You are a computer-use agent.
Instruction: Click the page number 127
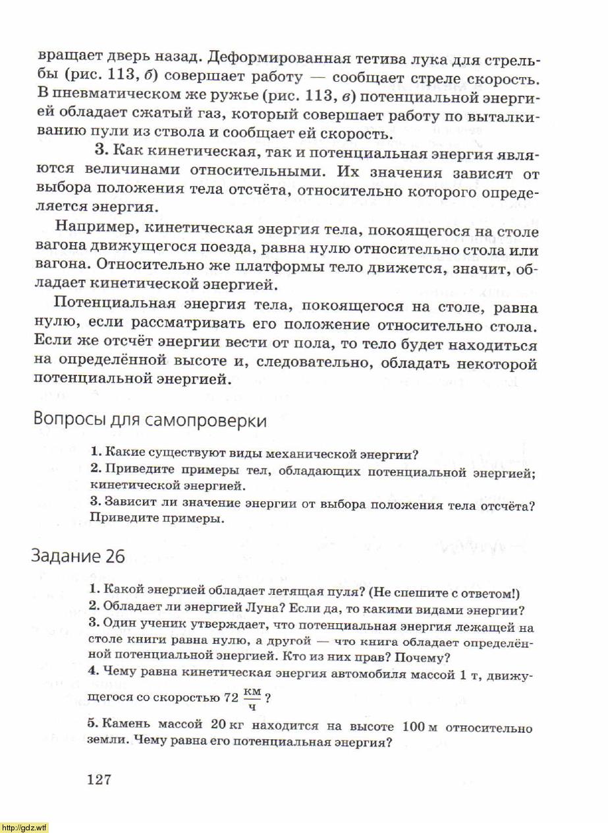pyautogui.click(x=99, y=780)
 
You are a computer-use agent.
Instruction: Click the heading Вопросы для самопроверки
pyautogui.click(x=150, y=421)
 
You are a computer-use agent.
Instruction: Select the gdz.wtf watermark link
pyautogui.click(x=24, y=828)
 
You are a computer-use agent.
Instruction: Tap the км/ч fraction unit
pyautogui.click(x=252, y=697)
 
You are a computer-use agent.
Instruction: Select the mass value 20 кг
pyautogui.click(x=227, y=725)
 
